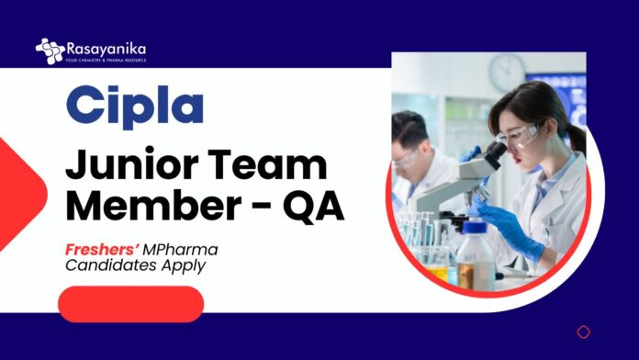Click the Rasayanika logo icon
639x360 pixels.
coord(49,51)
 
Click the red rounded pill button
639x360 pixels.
coord(130,304)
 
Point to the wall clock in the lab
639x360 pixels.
coord(507,72)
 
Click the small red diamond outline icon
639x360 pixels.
coord(583,332)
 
